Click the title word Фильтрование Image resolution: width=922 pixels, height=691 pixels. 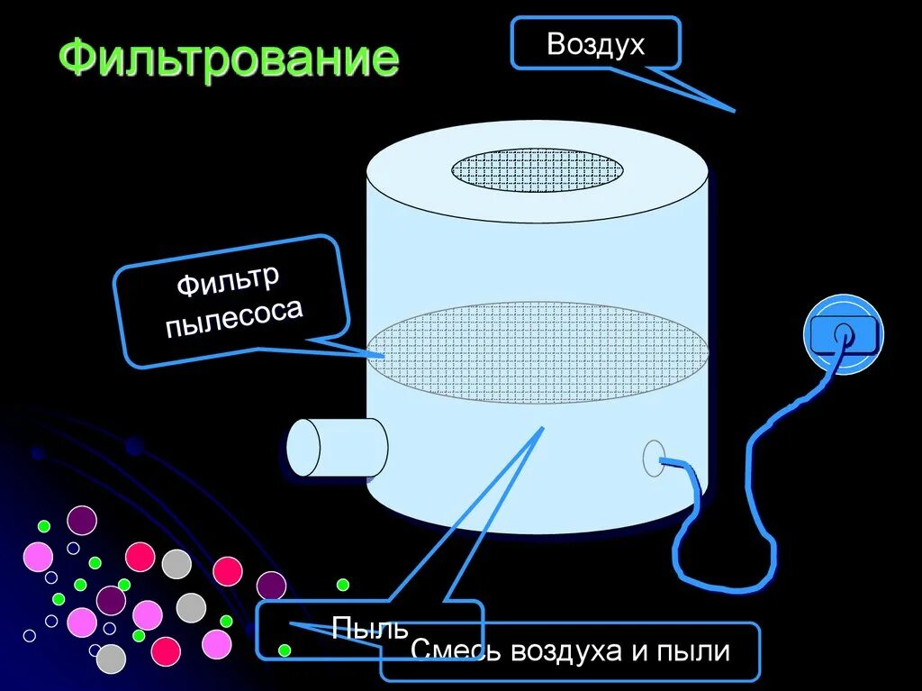pyautogui.click(x=229, y=59)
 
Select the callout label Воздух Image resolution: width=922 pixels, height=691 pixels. pyautogui.click(x=595, y=44)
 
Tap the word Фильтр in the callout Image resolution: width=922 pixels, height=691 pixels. pyautogui.click(x=227, y=280)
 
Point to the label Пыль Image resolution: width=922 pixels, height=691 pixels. pyautogui.click(x=369, y=628)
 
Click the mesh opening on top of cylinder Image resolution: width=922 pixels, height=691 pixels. pyautogui.click(x=538, y=170)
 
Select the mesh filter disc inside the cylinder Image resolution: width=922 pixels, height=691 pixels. pyautogui.click(x=538, y=352)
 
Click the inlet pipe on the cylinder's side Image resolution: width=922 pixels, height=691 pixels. pyautogui.click(x=335, y=448)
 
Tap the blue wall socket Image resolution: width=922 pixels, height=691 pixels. pyautogui.click(x=843, y=333)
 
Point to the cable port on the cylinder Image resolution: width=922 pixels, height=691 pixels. pyautogui.click(x=655, y=458)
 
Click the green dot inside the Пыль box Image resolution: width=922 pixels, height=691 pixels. pyautogui.click(x=285, y=650)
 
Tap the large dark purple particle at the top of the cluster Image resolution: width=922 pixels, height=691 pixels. pyautogui.click(x=82, y=520)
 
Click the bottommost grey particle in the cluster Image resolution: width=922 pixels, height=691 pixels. pyautogui.click(x=110, y=659)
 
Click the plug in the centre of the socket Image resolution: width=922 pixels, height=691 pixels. pyautogui.click(x=843, y=332)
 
